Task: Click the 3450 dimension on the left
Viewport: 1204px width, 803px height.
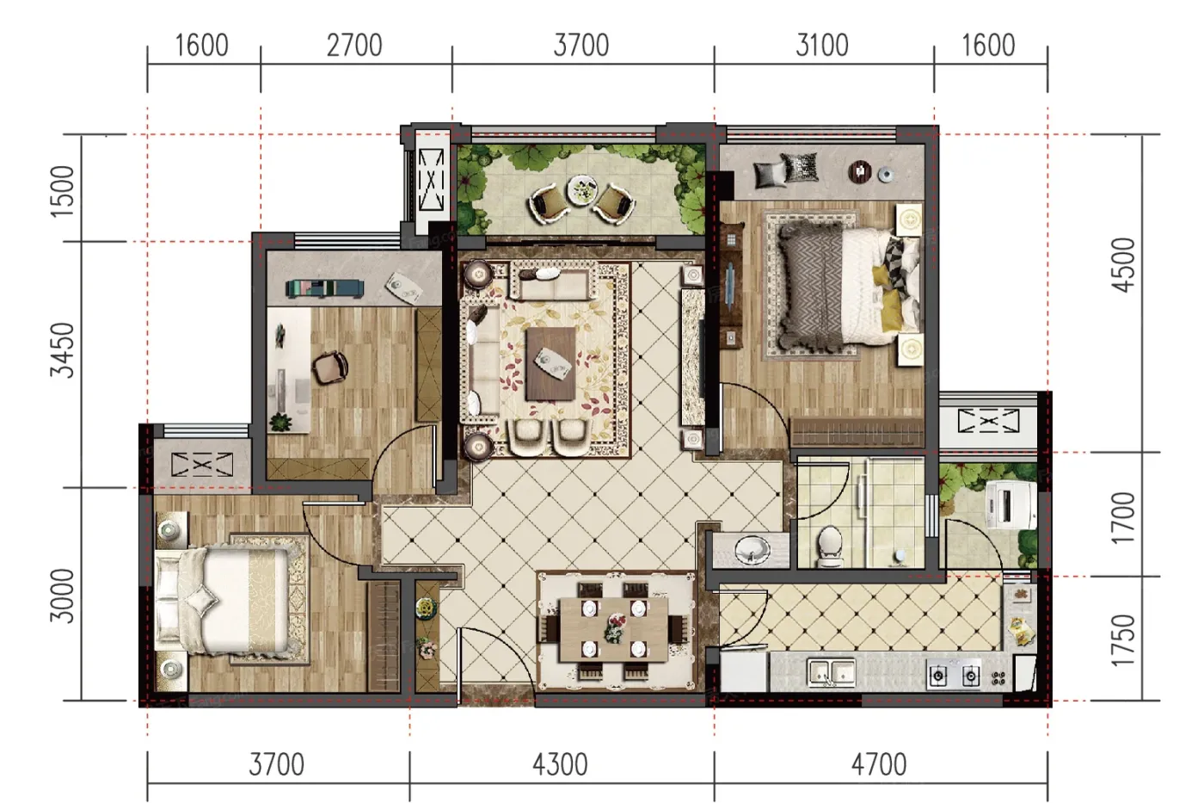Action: (x=62, y=350)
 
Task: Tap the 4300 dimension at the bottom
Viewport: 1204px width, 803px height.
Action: (x=560, y=765)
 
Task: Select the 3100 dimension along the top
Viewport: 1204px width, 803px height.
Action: (x=822, y=45)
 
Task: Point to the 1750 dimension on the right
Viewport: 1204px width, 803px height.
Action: (x=1123, y=640)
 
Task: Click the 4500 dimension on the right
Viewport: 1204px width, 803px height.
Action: (x=1123, y=266)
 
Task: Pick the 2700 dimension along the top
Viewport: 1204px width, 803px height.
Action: (x=354, y=45)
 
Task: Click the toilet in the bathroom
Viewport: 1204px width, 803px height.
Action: (x=828, y=546)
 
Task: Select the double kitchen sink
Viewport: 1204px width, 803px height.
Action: (x=832, y=673)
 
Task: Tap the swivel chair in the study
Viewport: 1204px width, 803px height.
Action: (x=330, y=367)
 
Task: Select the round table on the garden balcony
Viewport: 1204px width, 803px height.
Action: (x=581, y=190)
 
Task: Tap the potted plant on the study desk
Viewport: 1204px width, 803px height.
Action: (x=280, y=422)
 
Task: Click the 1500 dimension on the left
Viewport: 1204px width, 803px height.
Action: (x=62, y=191)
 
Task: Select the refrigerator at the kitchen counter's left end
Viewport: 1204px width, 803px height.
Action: (x=744, y=671)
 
